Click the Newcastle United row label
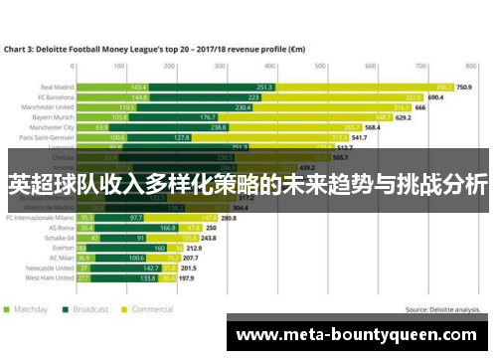(x=53, y=268)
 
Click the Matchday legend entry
(x=31, y=308)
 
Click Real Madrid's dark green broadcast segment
(x=263, y=87)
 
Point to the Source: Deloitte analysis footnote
(x=446, y=308)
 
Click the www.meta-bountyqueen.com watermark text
(x=360, y=335)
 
